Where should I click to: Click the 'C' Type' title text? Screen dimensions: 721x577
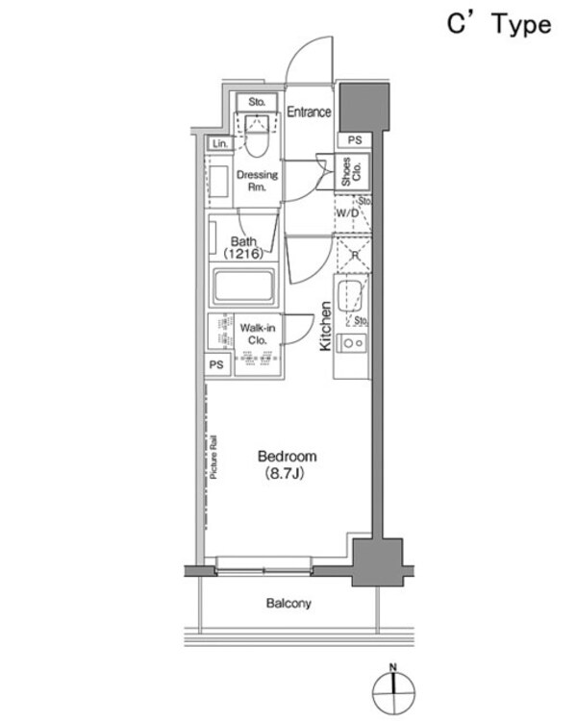pos(498,25)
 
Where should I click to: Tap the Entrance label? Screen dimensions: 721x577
pos(310,112)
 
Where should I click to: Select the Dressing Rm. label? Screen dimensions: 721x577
pos(257,181)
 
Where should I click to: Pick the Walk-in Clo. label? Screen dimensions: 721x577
pos(258,334)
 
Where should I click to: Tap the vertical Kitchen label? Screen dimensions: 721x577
pos(326,326)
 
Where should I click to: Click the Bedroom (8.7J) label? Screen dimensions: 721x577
pos(285,464)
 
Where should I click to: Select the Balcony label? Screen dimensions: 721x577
pos(288,604)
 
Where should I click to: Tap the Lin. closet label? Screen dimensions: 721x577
pos(220,143)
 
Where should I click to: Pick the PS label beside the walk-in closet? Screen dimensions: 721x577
pos(216,365)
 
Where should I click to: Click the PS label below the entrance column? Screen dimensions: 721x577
pos(354,140)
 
